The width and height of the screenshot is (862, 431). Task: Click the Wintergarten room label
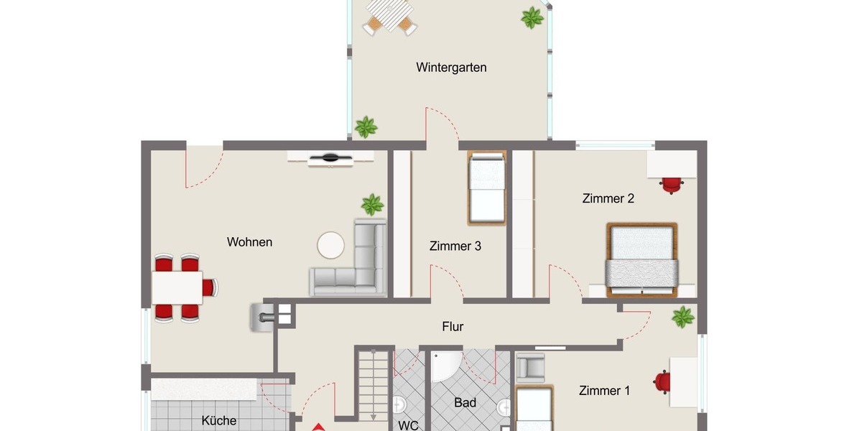[x=451, y=68]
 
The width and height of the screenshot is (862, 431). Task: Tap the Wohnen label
[x=249, y=242]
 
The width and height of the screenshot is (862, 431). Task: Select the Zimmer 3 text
[x=455, y=246]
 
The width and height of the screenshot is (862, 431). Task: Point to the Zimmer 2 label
[x=608, y=199]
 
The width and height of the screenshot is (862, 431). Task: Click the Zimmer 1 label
[x=604, y=391]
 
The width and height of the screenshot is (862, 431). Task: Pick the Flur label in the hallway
[x=453, y=327]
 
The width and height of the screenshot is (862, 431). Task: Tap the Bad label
[x=465, y=403]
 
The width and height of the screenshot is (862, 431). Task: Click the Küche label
[x=219, y=421]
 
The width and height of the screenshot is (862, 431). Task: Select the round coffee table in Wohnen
[x=331, y=245]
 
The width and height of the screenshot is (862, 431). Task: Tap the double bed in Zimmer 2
[x=641, y=259]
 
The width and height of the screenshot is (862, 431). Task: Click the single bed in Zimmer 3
[x=487, y=186]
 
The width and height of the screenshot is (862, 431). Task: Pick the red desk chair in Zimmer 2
[x=670, y=185]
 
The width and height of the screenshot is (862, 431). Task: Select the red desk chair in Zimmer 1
[x=662, y=381]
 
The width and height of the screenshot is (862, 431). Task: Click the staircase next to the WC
[x=374, y=384]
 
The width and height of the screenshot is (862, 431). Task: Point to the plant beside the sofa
[x=372, y=205]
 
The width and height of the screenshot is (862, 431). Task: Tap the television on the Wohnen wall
[x=331, y=158]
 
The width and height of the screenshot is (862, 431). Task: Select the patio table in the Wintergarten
[x=389, y=14]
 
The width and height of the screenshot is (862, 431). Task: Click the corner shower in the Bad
[x=447, y=366]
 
